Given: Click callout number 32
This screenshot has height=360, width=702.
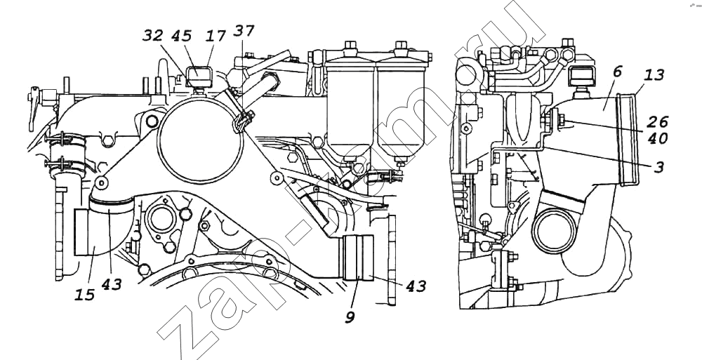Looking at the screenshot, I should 154,35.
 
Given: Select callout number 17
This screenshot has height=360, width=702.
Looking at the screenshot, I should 216,35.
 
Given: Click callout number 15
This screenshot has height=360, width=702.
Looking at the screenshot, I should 86,294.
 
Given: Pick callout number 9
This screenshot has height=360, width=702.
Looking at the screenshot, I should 349,316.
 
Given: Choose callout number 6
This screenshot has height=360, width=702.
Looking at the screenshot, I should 618,71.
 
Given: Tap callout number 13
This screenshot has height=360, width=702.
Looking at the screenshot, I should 654,75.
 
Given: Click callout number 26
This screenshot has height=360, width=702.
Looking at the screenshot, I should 658,120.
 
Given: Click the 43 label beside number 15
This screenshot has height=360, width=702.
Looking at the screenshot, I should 111,285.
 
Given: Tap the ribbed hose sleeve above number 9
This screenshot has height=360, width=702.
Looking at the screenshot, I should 359,258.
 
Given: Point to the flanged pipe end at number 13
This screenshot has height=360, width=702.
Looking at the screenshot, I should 627,140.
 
